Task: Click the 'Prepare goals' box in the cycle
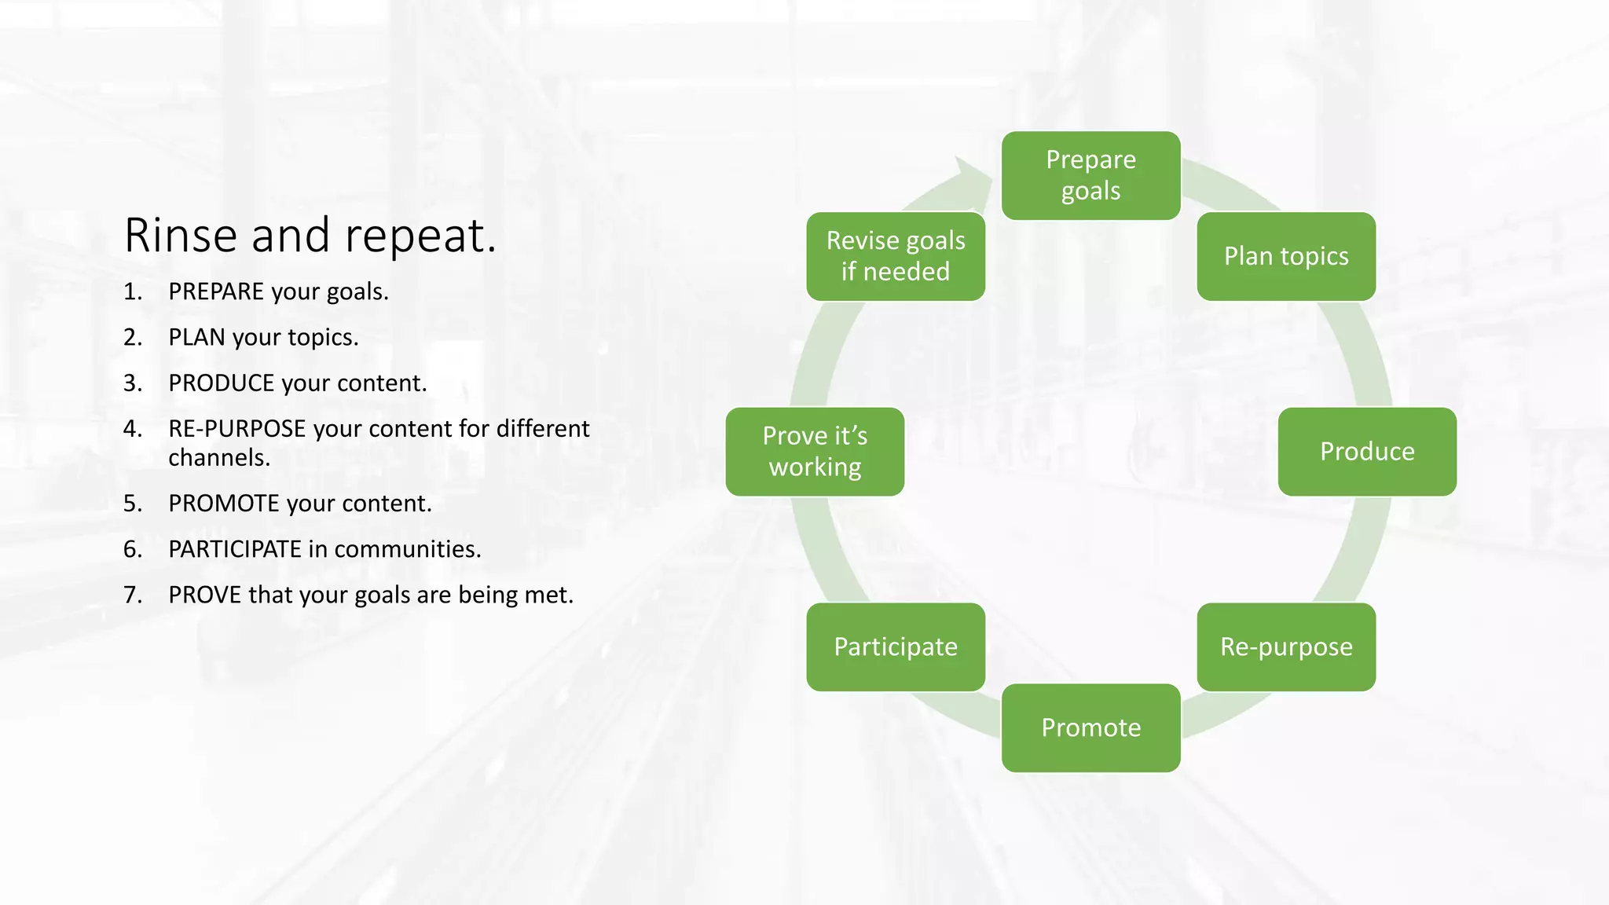[x=1090, y=175]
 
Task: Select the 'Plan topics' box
[x=1286, y=256]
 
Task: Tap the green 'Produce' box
[x=1367, y=452]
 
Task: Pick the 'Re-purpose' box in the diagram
[x=1286, y=647]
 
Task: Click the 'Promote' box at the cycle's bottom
[x=1090, y=727]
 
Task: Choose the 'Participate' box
[x=896, y=647]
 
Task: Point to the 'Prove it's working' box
[x=815, y=452]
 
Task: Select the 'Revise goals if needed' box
[x=896, y=256]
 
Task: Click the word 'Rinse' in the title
[x=181, y=235]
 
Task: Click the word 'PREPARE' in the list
[x=216, y=291]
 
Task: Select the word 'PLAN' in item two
[x=196, y=337]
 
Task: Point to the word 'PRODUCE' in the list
[x=221, y=383]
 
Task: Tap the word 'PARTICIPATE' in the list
[x=235, y=549]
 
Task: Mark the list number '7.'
[x=133, y=595]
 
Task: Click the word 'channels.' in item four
[x=219, y=457]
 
